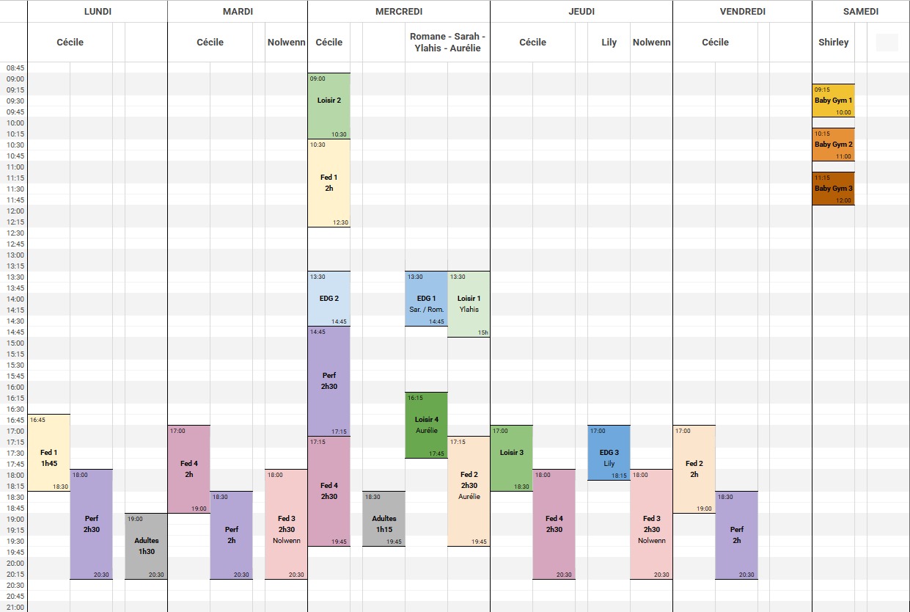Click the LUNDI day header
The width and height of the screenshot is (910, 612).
98,11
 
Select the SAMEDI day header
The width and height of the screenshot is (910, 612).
860,11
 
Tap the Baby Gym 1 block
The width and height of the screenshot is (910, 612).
833,101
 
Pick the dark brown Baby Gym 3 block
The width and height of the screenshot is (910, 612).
833,189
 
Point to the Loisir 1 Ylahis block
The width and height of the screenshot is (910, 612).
469,304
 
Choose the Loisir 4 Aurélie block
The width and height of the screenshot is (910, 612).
426,425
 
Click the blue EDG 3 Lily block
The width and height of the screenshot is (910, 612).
609,453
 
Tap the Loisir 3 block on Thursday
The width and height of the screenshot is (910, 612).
511,458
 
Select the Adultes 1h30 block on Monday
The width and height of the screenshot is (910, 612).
146,546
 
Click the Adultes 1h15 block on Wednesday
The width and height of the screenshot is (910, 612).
384,519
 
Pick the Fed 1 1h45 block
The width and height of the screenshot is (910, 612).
48,453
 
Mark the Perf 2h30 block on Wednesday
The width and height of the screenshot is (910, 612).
329,381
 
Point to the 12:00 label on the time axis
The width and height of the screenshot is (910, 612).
15,211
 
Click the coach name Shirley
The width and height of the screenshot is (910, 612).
833,43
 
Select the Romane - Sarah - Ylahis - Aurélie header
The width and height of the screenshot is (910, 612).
447,43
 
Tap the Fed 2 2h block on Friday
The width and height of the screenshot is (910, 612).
694,469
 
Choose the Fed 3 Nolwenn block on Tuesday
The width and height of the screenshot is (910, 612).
286,524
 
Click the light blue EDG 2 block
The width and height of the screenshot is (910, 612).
329,299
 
